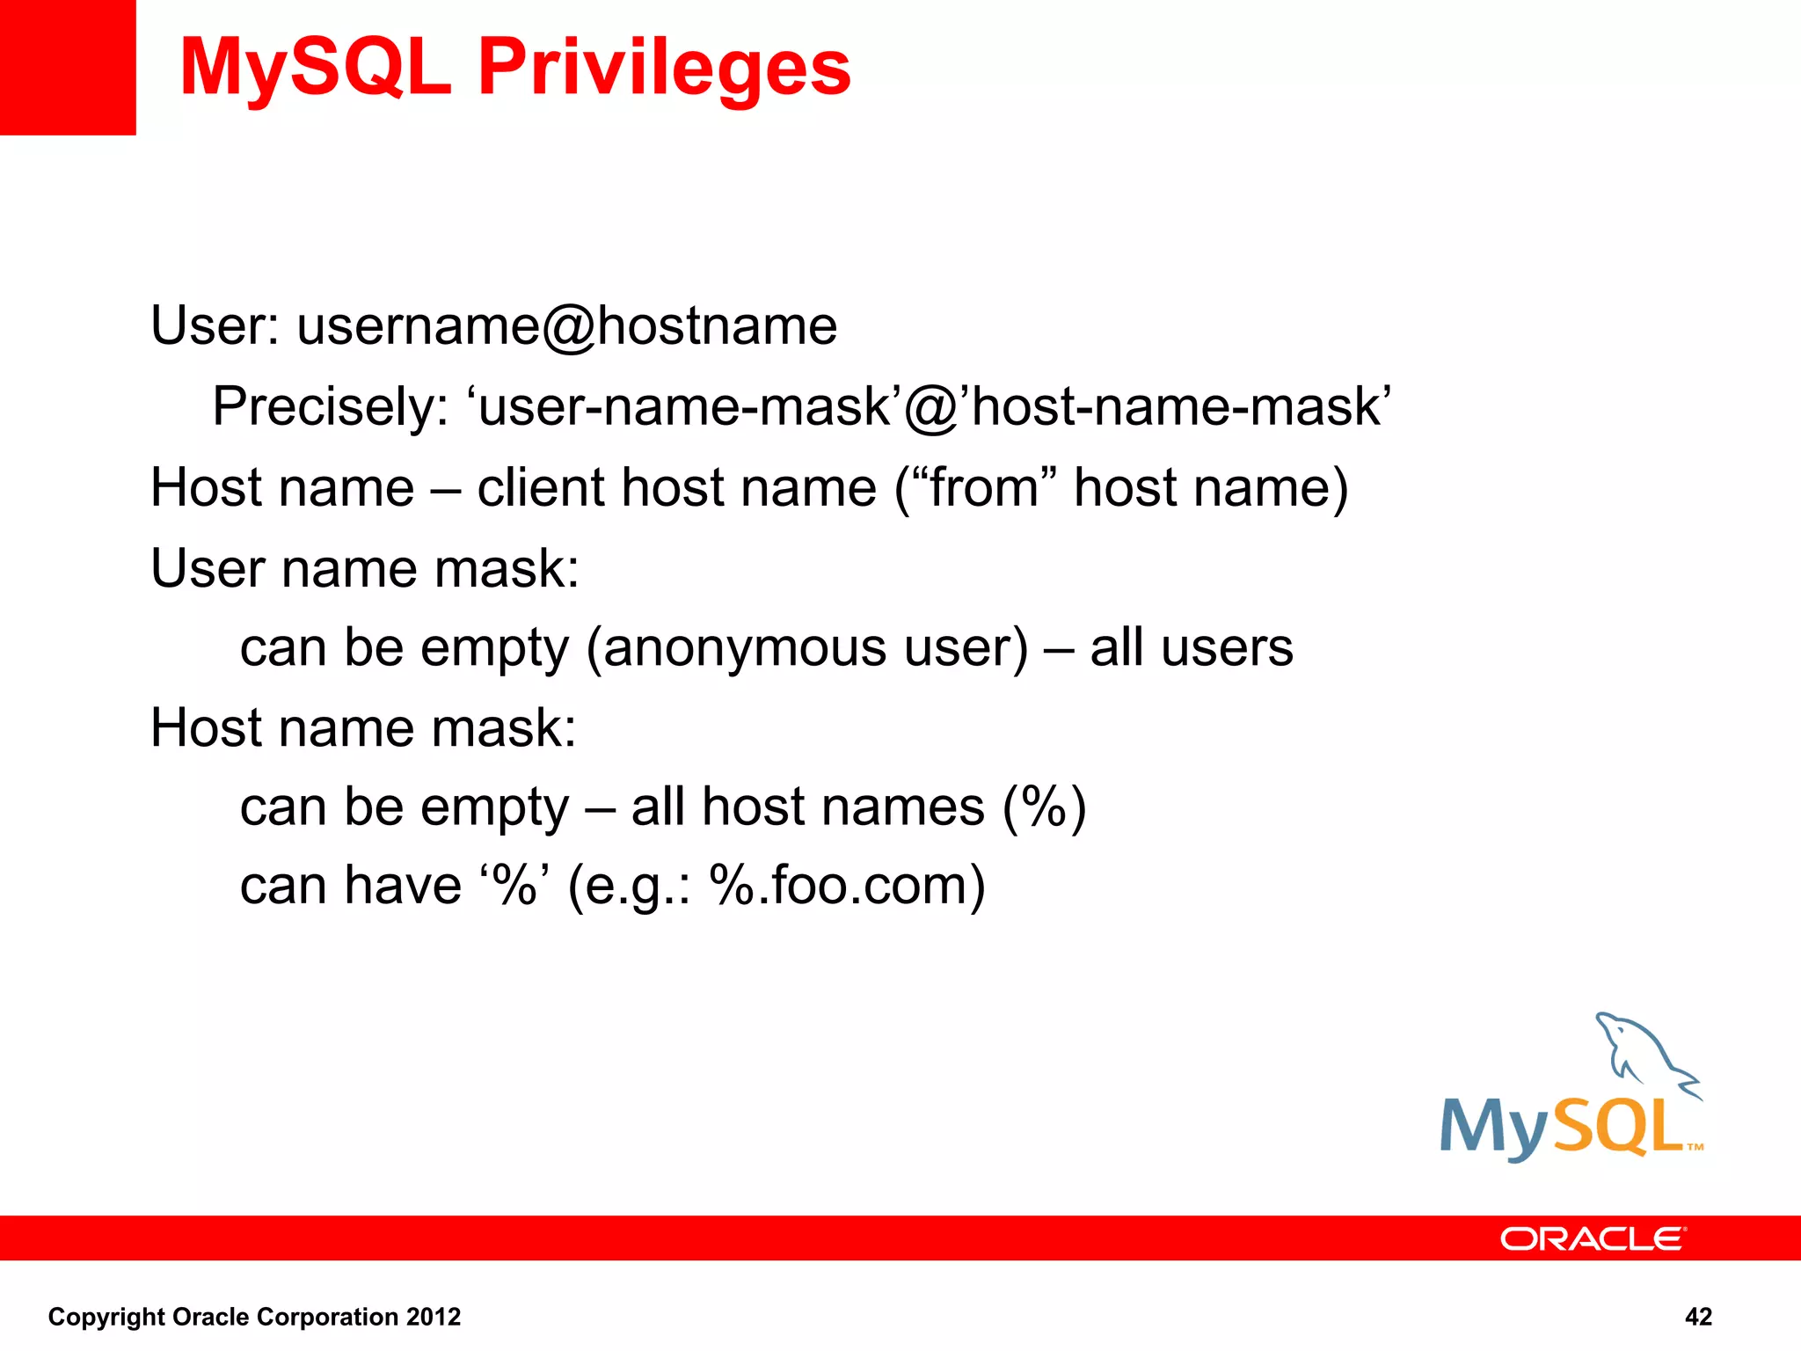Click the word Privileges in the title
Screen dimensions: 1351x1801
point(664,69)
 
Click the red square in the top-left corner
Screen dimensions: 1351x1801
point(68,67)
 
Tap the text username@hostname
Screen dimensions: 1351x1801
point(566,326)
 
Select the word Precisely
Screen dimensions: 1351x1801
point(331,407)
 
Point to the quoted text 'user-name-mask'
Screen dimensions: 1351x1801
point(685,407)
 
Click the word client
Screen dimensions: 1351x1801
point(541,487)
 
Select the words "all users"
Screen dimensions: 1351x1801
point(1191,648)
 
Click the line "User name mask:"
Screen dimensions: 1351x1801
point(365,568)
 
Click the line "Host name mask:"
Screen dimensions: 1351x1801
point(363,728)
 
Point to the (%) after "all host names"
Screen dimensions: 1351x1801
point(1044,807)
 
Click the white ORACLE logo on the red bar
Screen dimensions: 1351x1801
point(1592,1238)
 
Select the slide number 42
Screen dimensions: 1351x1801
point(1698,1317)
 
